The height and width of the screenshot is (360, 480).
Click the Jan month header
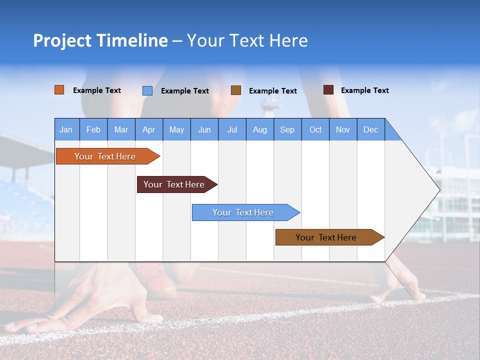click(x=66, y=129)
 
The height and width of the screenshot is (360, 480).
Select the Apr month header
click(x=148, y=129)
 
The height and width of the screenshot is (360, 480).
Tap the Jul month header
click(x=232, y=129)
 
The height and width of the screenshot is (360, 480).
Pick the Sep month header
click(x=287, y=129)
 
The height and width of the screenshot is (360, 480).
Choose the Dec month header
click(x=370, y=129)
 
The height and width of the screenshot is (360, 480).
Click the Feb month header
click(x=93, y=129)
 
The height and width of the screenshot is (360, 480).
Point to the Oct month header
click(x=315, y=129)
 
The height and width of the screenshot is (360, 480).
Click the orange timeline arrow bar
click(x=105, y=156)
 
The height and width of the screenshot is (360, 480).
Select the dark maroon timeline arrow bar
click(x=174, y=184)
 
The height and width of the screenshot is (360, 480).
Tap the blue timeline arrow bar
click(x=243, y=212)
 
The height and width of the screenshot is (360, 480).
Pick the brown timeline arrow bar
click(x=326, y=237)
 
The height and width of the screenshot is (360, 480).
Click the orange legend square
click(x=59, y=90)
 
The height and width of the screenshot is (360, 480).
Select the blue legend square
click(x=147, y=90)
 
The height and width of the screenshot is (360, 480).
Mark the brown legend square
click(x=235, y=90)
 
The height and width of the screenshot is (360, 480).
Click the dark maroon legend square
click(x=328, y=90)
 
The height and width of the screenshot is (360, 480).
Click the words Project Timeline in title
click(x=100, y=40)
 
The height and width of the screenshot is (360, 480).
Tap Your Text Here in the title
click(x=247, y=40)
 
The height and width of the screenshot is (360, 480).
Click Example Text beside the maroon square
click(x=364, y=90)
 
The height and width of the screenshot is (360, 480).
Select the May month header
click(x=176, y=129)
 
